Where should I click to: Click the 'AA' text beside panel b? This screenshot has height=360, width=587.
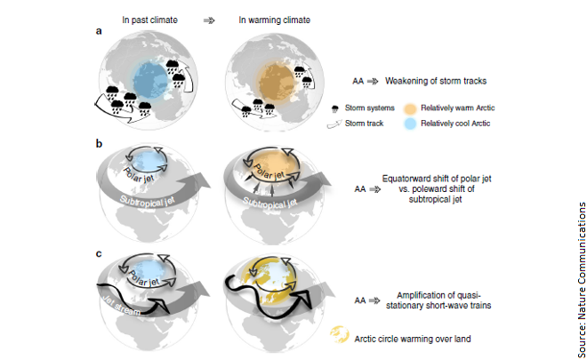[x=361, y=188]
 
